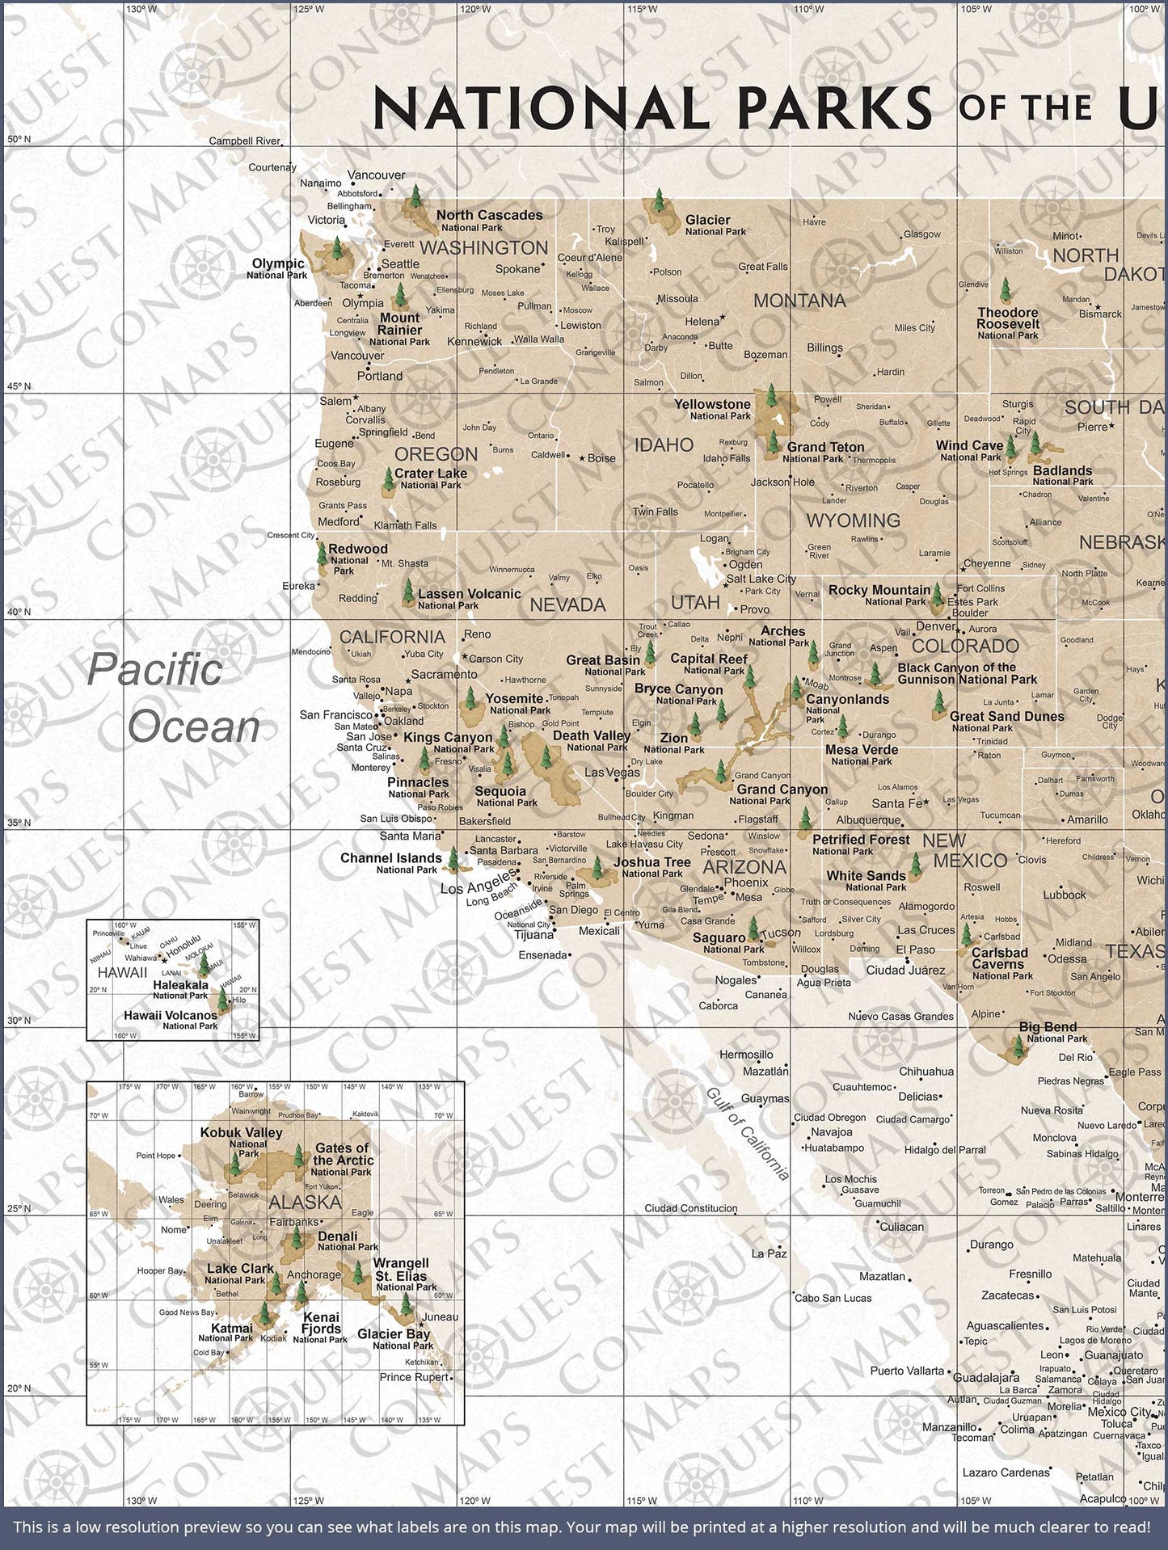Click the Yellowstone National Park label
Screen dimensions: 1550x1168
[713, 409]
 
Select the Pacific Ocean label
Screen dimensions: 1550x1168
[173, 698]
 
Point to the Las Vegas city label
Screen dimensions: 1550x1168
[612, 772]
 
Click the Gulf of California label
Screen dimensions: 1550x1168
[748, 1134]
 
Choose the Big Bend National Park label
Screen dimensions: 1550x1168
[1048, 1032]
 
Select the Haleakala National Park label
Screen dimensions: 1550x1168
[182, 989]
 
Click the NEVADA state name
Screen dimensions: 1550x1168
[567, 604]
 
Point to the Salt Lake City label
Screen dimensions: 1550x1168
[761, 579]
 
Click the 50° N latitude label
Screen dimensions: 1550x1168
[18, 140]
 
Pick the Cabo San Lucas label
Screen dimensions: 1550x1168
[833, 1298]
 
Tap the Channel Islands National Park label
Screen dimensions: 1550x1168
[391, 862]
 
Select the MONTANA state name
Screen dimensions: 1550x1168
[799, 301]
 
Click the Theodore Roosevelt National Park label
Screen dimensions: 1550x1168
[1007, 323]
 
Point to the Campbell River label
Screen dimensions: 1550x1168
[244, 141]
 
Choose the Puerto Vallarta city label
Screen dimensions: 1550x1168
[907, 1371]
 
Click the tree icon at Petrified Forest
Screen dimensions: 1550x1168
[804, 822]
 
